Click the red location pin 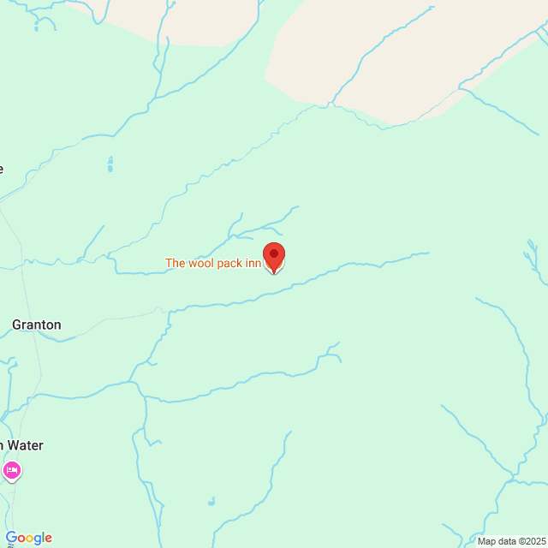pyautogui.click(x=273, y=256)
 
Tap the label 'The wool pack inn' pyautogui.click(x=213, y=264)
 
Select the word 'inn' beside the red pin pyautogui.click(x=253, y=264)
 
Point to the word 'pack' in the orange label pyautogui.click(x=229, y=264)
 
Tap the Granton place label pyautogui.click(x=36, y=325)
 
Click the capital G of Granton pyautogui.click(x=17, y=325)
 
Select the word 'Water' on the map pyautogui.click(x=26, y=445)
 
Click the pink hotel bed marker pyautogui.click(x=11, y=470)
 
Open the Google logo pyautogui.click(x=28, y=538)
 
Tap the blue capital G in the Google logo pyautogui.click(x=11, y=538)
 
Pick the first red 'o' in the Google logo pyautogui.click(x=21, y=539)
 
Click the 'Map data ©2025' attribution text pyautogui.click(x=511, y=541)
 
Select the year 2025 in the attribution pyautogui.click(x=533, y=541)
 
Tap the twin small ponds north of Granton pyautogui.click(x=110, y=164)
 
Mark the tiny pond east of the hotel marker pyautogui.click(x=211, y=501)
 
